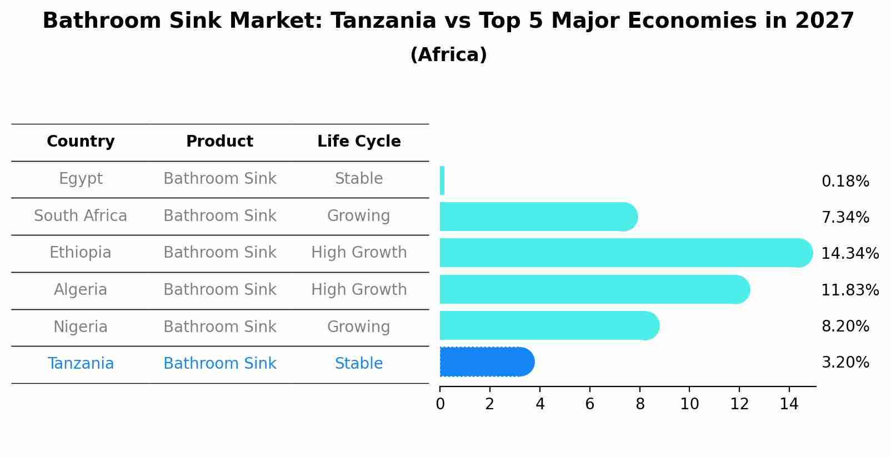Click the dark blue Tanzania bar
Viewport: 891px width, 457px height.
[x=486, y=362]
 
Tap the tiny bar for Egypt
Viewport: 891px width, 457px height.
[x=442, y=180]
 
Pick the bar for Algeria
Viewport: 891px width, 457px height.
[x=594, y=289]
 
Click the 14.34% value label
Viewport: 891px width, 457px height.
[x=849, y=254]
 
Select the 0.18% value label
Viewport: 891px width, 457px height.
[x=845, y=182]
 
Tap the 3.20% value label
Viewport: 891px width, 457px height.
[x=845, y=363]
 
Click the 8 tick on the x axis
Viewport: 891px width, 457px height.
[x=640, y=404]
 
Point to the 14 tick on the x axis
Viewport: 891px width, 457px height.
[x=789, y=404]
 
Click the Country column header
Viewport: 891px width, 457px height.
[x=81, y=142]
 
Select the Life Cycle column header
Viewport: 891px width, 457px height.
[x=359, y=142]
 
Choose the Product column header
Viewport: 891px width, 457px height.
[x=219, y=142]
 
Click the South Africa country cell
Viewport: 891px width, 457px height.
[x=81, y=216]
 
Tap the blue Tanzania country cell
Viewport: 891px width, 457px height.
[x=81, y=364]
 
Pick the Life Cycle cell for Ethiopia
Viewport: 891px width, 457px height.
[x=359, y=253]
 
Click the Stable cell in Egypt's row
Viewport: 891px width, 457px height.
[x=359, y=179]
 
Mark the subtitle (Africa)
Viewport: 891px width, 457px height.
[x=448, y=55]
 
